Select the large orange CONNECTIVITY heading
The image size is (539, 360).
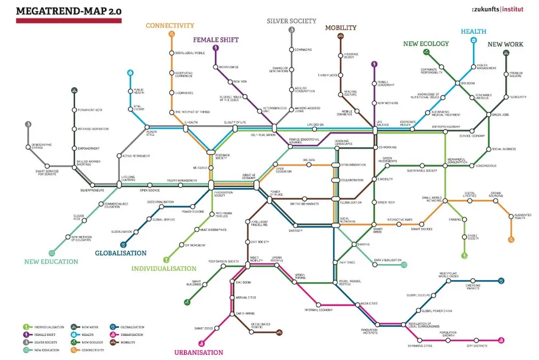click(170, 25)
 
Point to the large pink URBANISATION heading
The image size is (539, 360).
click(198, 353)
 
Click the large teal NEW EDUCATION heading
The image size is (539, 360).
click(51, 261)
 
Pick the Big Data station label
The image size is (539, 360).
click(308, 160)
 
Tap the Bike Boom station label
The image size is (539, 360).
click(243, 282)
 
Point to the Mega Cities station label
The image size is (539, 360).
click(368, 303)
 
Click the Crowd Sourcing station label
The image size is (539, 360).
click(497, 195)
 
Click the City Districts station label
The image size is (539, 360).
click(476, 346)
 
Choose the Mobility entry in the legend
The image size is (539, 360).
click(128, 342)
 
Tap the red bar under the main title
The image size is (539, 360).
click(68, 21)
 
